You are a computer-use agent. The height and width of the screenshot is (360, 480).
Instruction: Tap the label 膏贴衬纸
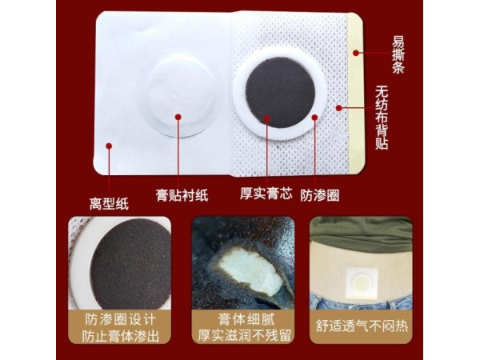point(182,194)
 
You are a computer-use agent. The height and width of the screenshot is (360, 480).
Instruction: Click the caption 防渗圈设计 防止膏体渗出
point(119,327)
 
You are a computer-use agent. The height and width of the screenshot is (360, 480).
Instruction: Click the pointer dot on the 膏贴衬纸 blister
point(178,118)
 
